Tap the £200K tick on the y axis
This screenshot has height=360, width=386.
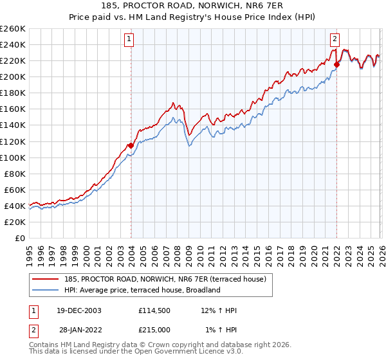point(13,76)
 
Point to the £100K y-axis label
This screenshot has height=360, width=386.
point(13,157)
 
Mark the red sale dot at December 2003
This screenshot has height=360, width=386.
point(131,145)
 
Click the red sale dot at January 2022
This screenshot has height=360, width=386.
point(336,64)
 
